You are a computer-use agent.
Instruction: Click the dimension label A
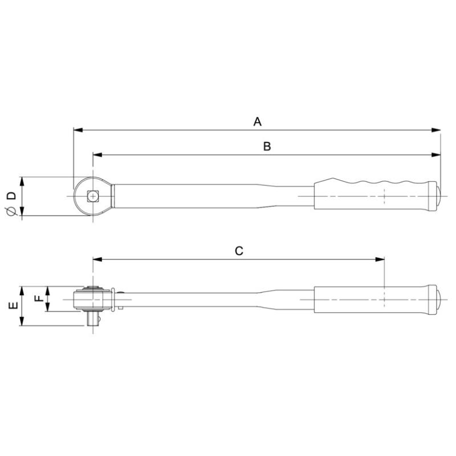point(257,121)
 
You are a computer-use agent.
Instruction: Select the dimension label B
point(267,146)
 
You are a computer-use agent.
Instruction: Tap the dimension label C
point(239,251)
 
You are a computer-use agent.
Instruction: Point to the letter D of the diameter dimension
point(10,196)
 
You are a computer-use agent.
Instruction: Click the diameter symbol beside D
point(10,212)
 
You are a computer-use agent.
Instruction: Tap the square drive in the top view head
point(92,196)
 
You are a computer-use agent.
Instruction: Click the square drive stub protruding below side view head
point(93,319)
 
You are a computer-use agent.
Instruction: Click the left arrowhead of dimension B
point(97,155)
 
